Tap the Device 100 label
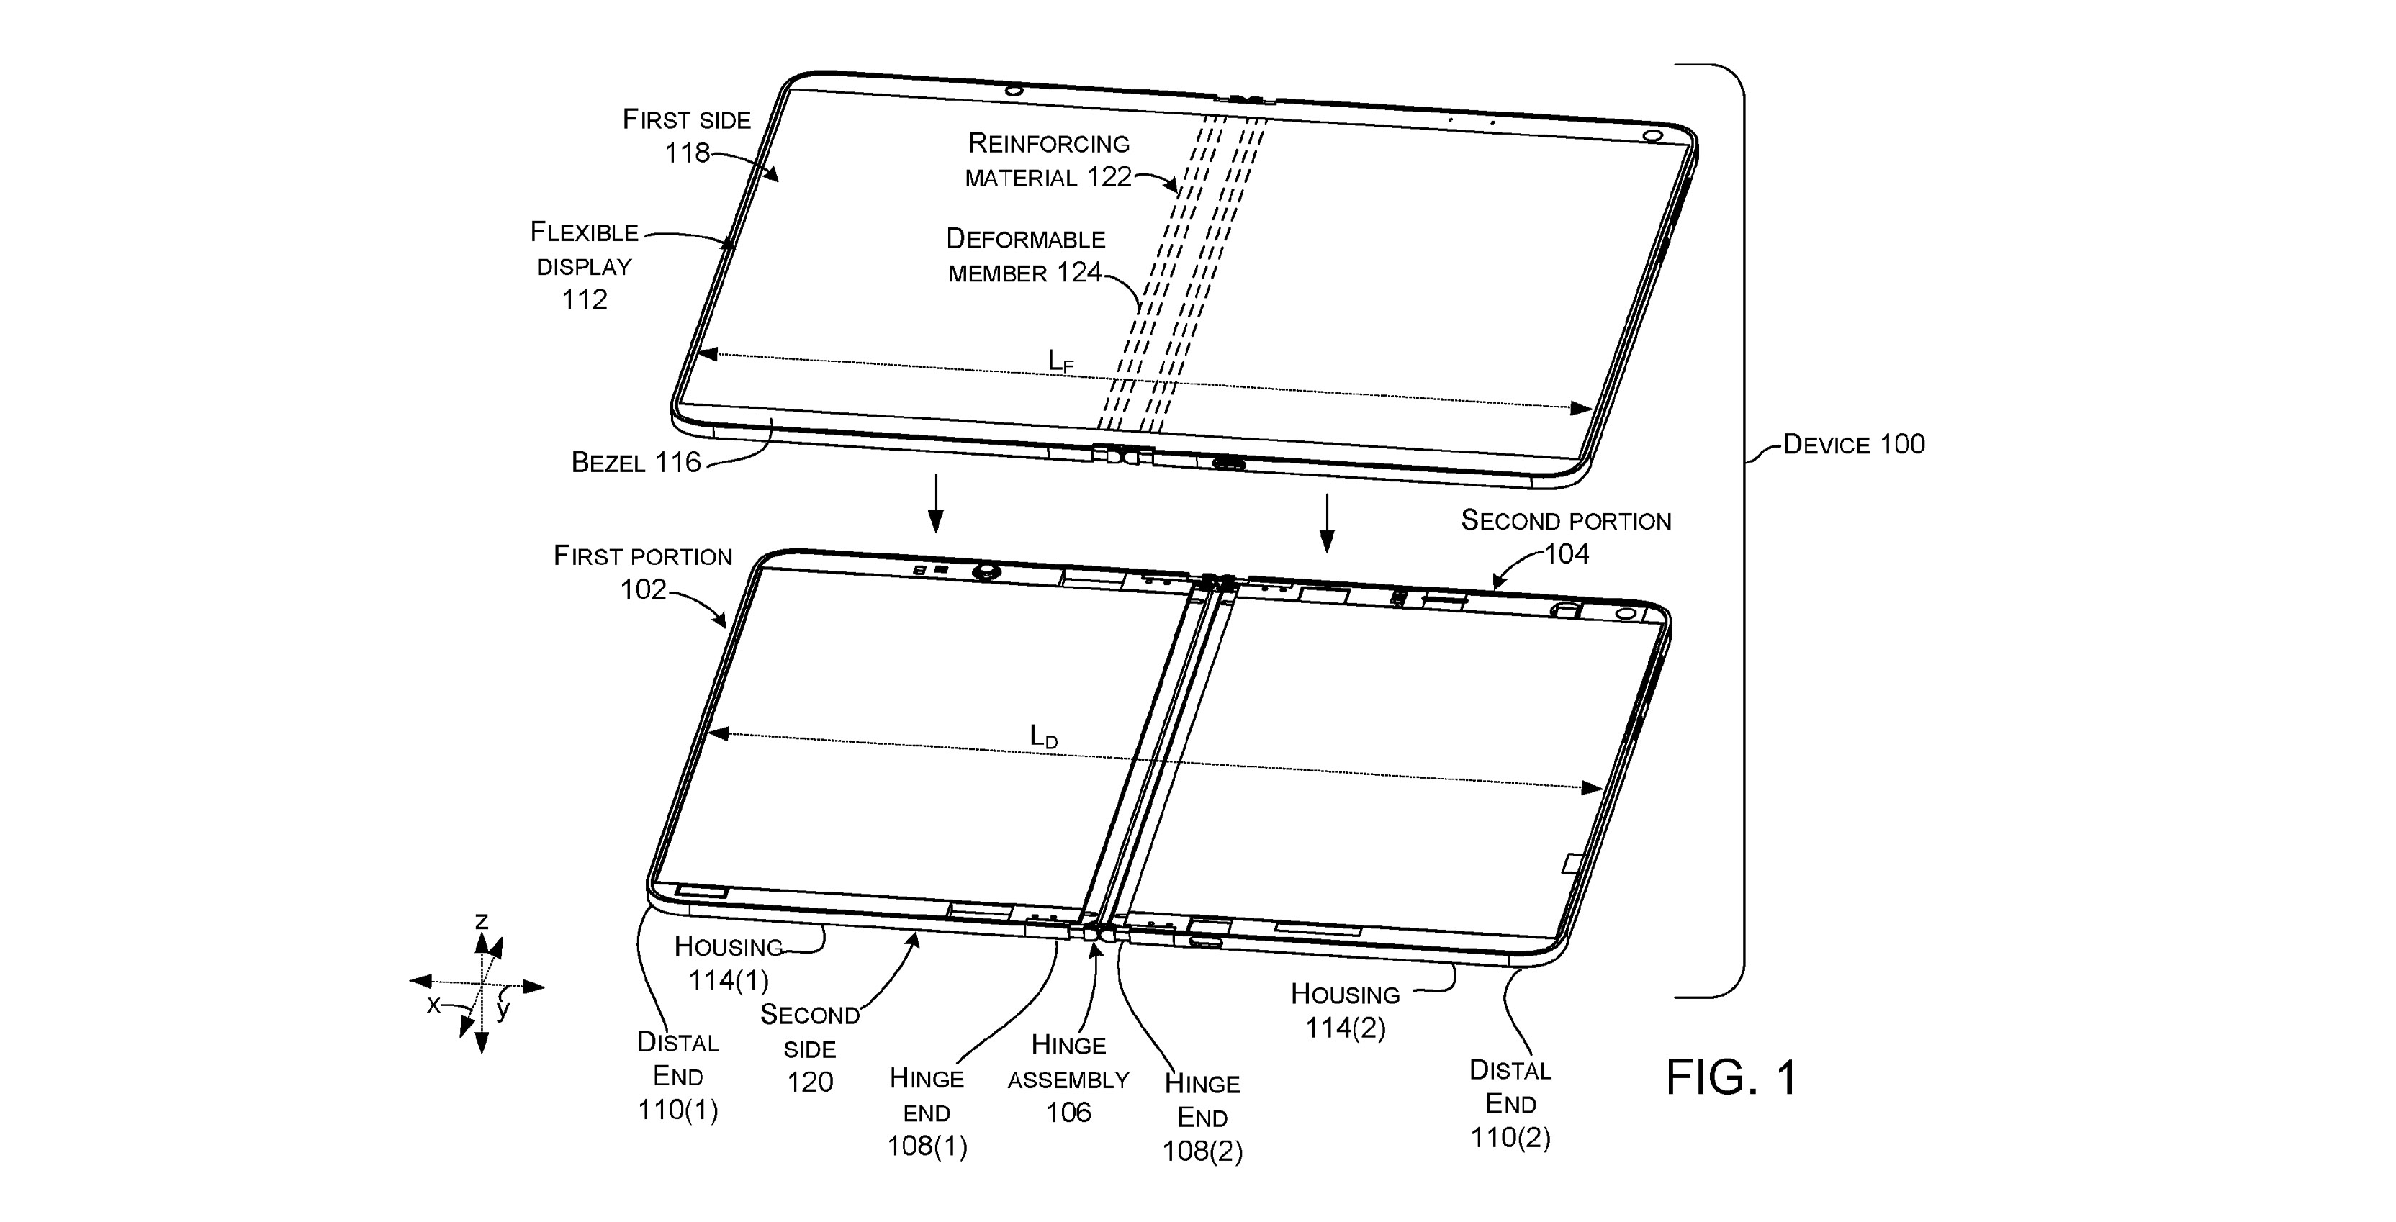point(1853,445)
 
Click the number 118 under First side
point(686,153)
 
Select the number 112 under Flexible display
point(584,299)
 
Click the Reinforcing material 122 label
point(1048,160)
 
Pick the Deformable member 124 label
point(1025,255)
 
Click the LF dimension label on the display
point(1060,361)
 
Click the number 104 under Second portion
point(1567,554)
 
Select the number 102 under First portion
point(644,589)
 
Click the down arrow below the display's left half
point(937,503)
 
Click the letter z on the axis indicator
point(481,920)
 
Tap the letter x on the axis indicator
point(433,1005)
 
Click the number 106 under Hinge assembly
point(1068,1113)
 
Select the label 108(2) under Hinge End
point(1202,1151)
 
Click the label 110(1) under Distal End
point(677,1110)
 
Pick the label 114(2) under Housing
point(1345,1028)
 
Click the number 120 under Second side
point(809,1082)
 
